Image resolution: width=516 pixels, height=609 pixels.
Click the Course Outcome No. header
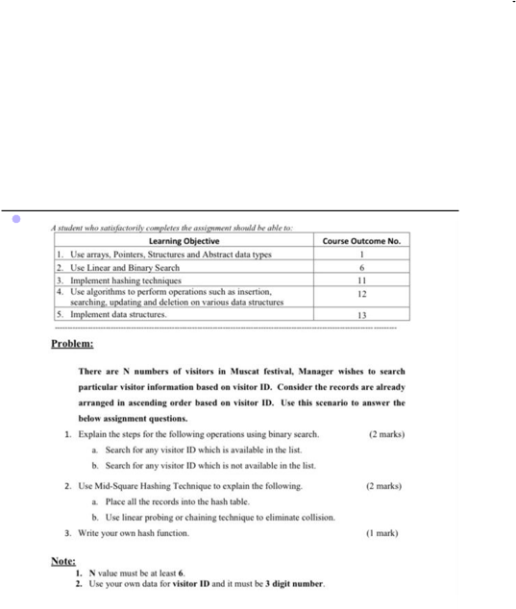pos(361,241)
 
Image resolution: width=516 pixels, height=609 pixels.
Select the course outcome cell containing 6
pos(361,267)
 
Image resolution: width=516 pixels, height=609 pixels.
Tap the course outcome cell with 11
pos(361,280)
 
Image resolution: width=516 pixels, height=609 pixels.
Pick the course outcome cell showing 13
pos(361,314)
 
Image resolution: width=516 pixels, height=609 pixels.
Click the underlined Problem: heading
pos(72,343)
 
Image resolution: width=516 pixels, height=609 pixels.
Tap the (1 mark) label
pos(384,532)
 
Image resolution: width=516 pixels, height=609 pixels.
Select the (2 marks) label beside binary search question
pos(386,434)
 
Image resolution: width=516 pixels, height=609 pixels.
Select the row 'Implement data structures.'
pos(112,314)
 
